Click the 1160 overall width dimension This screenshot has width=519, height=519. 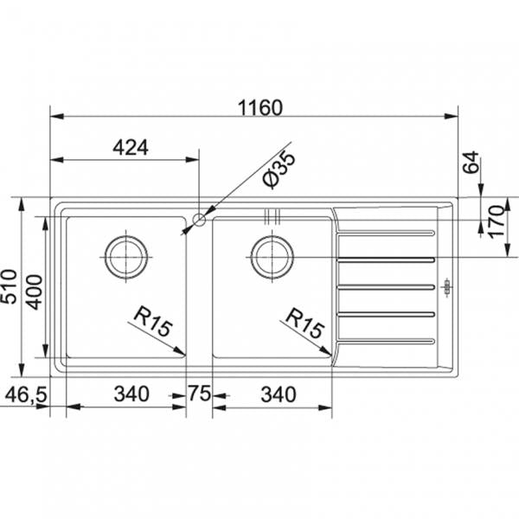pyautogui.click(x=259, y=108)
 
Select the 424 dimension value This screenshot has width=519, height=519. pyautogui.click(x=130, y=148)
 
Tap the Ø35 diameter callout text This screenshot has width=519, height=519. pyautogui.click(x=279, y=169)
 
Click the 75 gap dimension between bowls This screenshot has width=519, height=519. pyautogui.click(x=200, y=394)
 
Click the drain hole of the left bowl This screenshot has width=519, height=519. pyautogui.click(x=125, y=253)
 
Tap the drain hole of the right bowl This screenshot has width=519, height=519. pyautogui.click(x=272, y=253)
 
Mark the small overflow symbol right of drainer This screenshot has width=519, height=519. pyautogui.click(x=446, y=286)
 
